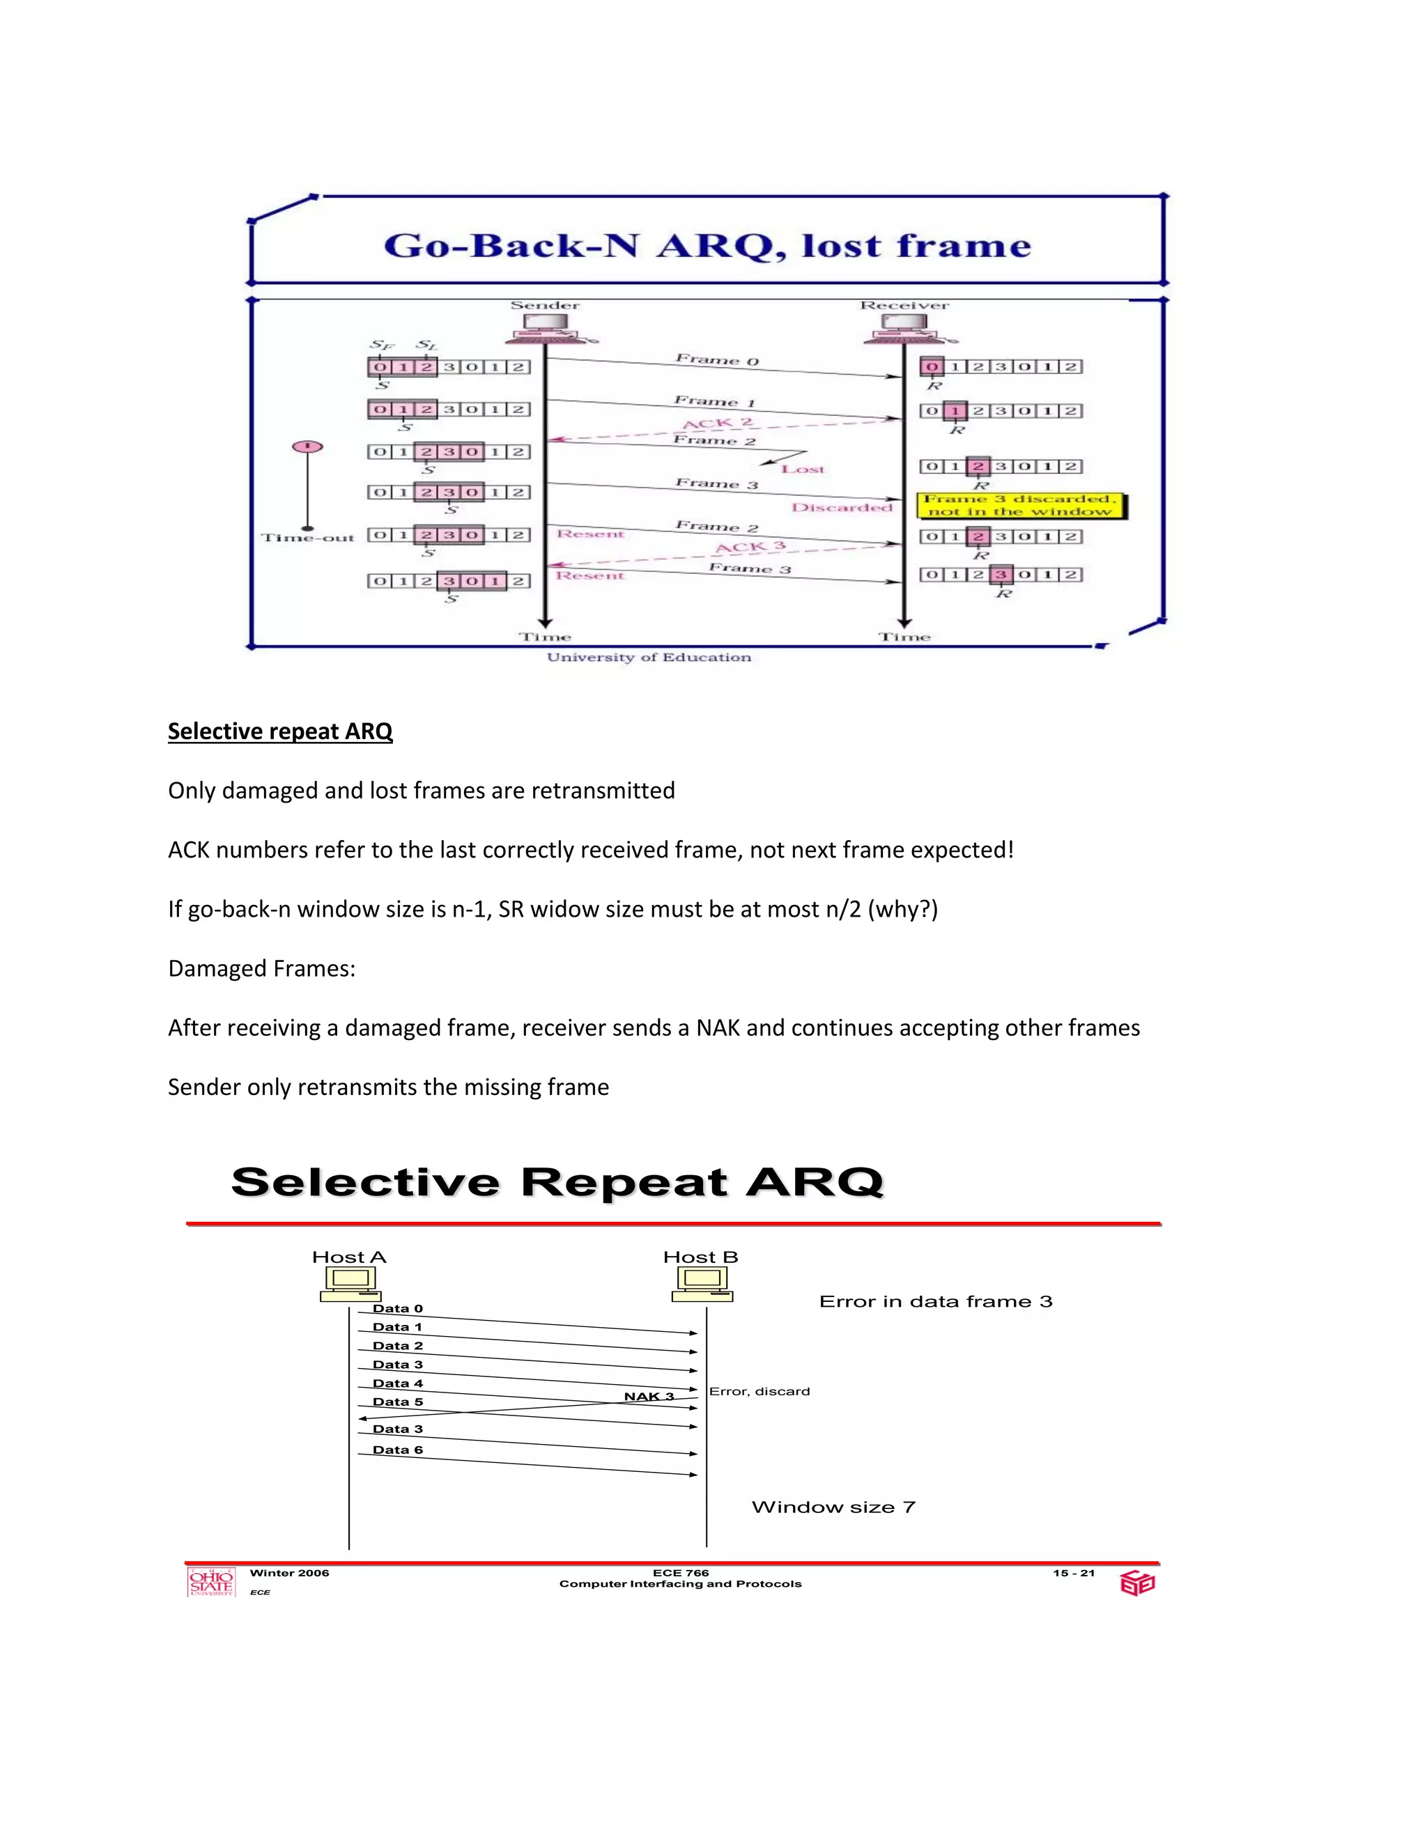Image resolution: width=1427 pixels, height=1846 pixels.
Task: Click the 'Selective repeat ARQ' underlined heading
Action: (x=280, y=731)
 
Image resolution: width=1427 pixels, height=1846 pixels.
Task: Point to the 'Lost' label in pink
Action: (x=802, y=469)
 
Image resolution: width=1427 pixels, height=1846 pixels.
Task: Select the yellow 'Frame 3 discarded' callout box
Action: (x=1021, y=506)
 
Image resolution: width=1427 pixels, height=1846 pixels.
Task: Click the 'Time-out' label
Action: (x=308, y=538)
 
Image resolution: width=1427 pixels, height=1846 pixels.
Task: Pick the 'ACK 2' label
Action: (x=717, y=424)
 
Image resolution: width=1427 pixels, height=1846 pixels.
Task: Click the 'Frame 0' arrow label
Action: (x=717, y=360)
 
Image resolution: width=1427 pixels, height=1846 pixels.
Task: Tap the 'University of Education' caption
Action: (x=649, y=658)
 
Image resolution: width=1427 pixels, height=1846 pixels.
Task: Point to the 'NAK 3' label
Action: (x=649, y=1396)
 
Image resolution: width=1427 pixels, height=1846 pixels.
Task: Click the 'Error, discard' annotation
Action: (x=759, y=1391)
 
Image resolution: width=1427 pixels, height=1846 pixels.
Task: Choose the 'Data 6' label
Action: (x=397, y=1450)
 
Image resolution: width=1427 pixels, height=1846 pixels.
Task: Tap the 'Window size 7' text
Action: (x=833, y=1507)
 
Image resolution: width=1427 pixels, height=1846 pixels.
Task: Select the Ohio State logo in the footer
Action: (x=210, y=1581)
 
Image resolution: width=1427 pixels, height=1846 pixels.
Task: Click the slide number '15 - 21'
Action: (x=1073, y=1573)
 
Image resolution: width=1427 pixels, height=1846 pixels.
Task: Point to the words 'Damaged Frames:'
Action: (x=261, y=969)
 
